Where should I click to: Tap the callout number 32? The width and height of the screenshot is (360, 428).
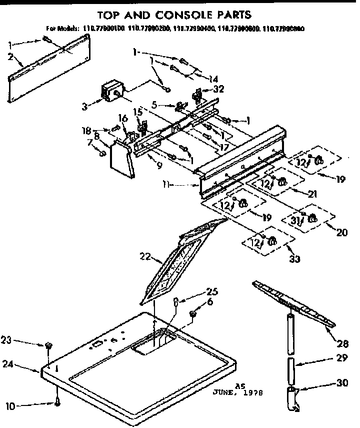coord(218,89)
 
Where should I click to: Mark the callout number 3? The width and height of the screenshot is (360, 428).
coord(85,106)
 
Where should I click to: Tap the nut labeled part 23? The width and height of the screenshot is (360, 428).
coord(48,345)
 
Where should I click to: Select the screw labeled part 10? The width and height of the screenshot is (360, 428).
coord(58,403)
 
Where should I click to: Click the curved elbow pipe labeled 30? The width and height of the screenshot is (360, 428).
coord(294,398)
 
